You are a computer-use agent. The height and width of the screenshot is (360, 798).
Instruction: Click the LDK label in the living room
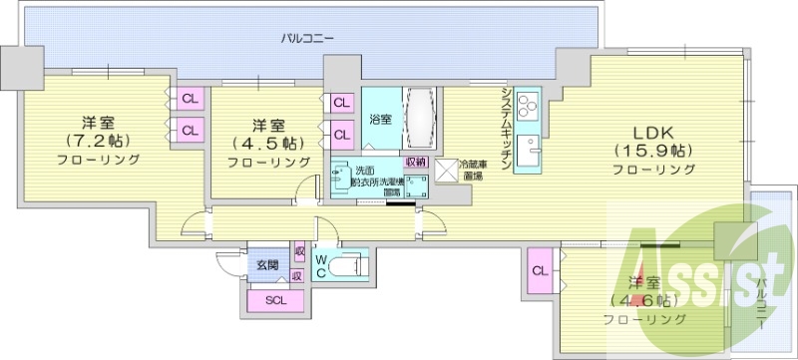tap(653, 132)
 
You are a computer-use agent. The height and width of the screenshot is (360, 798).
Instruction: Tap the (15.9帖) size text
tap(653, 151)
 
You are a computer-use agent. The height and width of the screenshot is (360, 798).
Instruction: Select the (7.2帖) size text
tap(99, 141)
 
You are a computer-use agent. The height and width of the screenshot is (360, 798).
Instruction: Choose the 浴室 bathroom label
tap(380, 120)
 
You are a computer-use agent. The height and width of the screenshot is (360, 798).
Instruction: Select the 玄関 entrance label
tap(267, 265)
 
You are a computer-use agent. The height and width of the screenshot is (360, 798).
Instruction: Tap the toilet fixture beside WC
tap(349, 267)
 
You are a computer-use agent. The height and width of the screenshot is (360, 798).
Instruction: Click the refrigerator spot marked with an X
tap(444, 171)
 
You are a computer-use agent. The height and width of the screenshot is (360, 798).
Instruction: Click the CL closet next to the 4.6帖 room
tap(540, 271)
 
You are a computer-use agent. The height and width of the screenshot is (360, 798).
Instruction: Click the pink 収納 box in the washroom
tap(415, 162)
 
